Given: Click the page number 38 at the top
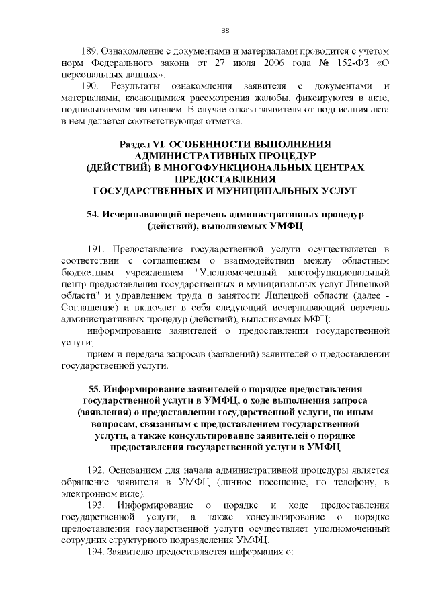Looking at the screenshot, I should point(225,30).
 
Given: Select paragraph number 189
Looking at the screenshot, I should point(90,52).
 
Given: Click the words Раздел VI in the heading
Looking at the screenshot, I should point(142,145).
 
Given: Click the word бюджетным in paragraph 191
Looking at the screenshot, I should point(85,273).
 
